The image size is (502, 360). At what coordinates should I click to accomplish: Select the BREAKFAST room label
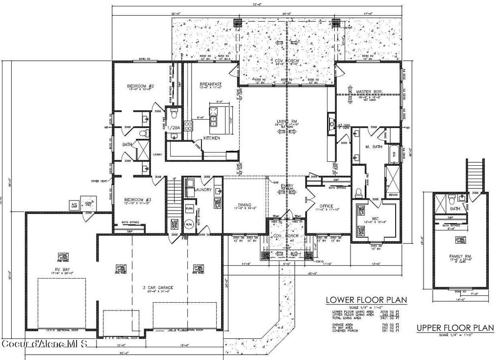coord(211,84)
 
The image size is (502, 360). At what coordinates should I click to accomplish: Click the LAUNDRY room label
coord(202,189)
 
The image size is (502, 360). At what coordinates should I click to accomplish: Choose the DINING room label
coord(245,205)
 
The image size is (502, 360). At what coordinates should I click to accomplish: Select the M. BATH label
coord(374,147)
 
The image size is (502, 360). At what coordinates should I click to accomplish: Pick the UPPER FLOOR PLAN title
coord(455,328)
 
